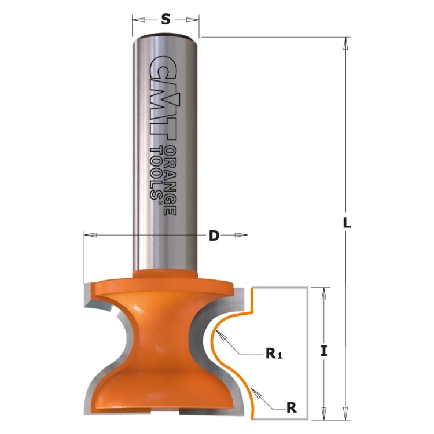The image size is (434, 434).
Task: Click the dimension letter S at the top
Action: pyautogui.click(x=165, y=20)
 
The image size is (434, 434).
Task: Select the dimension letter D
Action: pyautogui.click(x=214, y=236)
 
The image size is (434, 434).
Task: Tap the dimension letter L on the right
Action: pyautogui.click(x=347, y=223)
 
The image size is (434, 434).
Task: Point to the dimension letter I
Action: pyautogui.click(x=325, y=350)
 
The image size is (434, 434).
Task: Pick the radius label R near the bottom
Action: pyautogui.click(x=292, y=407)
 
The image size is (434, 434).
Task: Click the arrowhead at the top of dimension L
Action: pyautogui.click(x=346, y=42)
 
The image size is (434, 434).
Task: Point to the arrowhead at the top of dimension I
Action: pyautogui.click(x=325, y=292)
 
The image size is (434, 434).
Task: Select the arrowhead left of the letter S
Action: pyautogui.click(x=137, y=20)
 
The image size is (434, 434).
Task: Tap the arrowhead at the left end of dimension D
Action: pyautogui.click(x=88, y=235)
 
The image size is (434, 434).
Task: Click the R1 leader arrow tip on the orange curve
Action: pyautogui.click(x=218, y=336)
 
